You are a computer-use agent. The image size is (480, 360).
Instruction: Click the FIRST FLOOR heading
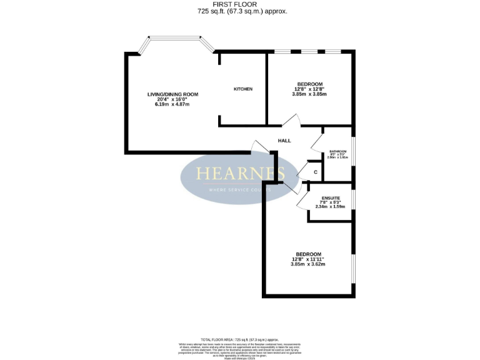tap(239, 4)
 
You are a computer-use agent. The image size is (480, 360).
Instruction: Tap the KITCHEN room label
tap(243, 89)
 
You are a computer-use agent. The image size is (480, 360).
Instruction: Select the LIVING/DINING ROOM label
tap(172, 94)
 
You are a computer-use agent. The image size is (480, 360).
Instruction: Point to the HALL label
tap(284, 141)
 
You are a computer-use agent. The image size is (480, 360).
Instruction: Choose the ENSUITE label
tap(331, 197)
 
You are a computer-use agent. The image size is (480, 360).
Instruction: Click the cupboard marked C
tap(316, 172)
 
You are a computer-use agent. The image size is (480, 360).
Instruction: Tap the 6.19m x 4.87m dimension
tap(172, 104)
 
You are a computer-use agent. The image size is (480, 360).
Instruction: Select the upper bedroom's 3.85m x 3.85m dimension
tap(309, 94)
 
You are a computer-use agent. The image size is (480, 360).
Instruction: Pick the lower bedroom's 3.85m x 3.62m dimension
tap(307, 264)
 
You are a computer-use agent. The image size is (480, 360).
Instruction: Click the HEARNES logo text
tap(240, 173)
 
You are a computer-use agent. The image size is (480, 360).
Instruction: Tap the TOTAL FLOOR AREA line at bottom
tap(239, 338)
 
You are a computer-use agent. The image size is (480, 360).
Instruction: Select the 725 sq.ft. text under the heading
tap(239, 11)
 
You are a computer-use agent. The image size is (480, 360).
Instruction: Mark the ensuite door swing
tap(302, 199)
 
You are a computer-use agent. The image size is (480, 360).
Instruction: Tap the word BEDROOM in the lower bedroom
tap(307, 253)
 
